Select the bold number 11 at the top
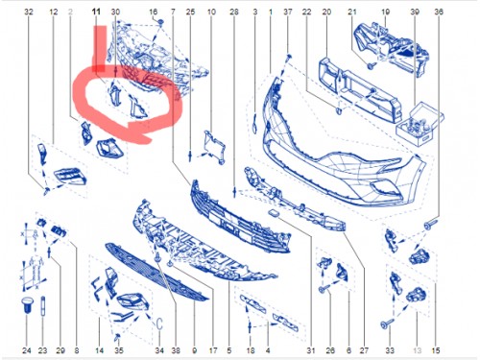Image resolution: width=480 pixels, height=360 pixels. click(96, 11)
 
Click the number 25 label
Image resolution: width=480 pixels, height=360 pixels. click(189, 11)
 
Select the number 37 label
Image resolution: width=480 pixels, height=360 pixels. click(286, 11)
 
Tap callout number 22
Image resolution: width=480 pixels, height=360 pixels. click(306, 11)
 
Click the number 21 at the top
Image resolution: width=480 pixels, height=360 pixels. click(352, 11)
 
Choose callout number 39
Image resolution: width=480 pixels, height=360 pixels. click(415, 11)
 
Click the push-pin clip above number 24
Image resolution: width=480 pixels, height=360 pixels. click(26, 309)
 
